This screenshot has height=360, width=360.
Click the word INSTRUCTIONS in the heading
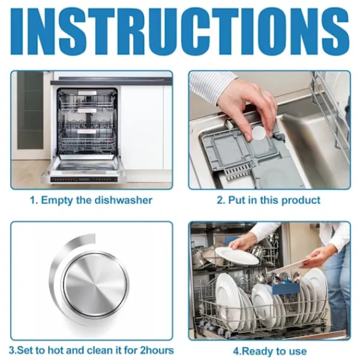180,31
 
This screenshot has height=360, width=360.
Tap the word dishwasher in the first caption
124,200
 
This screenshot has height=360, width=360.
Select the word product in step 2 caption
301,200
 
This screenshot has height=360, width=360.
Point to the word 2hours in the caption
157,350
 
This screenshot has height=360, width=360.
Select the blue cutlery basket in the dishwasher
286,288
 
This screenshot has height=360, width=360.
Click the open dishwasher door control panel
84,179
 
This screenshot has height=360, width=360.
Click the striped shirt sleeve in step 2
212,83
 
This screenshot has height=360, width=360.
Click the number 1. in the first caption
34,200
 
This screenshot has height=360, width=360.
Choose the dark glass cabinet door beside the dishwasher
30,110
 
